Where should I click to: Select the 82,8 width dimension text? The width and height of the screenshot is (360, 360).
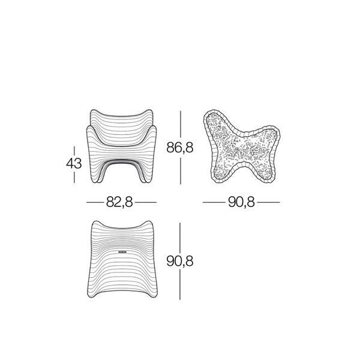[x=119, y=202]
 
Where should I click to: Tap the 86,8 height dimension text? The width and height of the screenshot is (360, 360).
[x=180, y=148]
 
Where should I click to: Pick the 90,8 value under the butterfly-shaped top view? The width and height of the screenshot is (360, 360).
[x=241, y=202]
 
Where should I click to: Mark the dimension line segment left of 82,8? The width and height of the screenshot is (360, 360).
[x=95, y=202]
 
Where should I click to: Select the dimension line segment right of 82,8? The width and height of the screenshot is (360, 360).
[x=144, y=202]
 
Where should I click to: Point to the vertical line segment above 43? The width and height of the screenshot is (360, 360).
[x=74, y=150]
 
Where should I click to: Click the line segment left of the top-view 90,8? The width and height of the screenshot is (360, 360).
[x=214, y=202]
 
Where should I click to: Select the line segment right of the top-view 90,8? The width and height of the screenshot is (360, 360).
[x=268, y=202]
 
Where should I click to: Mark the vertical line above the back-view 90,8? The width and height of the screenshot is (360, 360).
[x=181, y=236]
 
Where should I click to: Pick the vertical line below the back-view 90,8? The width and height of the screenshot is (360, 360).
[x=181, y=286]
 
